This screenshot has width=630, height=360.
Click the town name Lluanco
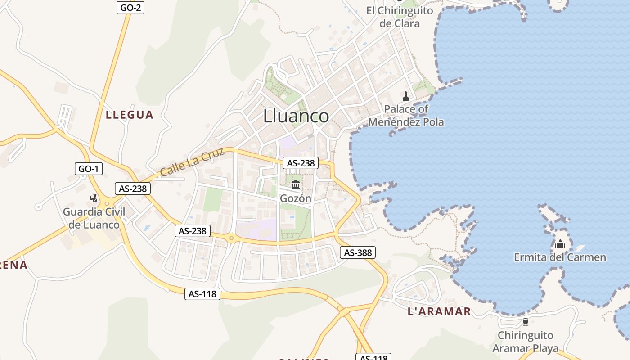[x=296, y=116]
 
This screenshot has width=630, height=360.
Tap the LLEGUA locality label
[x=130, y=115]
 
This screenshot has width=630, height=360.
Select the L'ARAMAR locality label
[x=439, y=311]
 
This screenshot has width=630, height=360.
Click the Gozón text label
[x=296, y=198]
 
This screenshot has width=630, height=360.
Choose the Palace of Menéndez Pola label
[x=406, y=116]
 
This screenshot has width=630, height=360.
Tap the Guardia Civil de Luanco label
[x=94, y=218]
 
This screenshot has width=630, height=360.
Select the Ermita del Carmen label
[x=560, y=257]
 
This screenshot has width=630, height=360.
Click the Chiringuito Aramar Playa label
[x=525, y=342]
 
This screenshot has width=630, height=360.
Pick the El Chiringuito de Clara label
[x=400, y=17]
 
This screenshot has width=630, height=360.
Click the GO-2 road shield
[x=131, y=7]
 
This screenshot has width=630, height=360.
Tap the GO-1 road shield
[x=89, y=169]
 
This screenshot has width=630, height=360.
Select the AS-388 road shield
[x=358, y=252]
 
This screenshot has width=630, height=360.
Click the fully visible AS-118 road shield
[x=202, y=294]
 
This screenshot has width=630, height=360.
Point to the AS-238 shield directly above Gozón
[x=301, y=163]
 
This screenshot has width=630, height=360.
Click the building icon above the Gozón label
[x=296, y=184]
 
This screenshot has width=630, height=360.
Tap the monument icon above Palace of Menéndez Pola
[x=406, y=95]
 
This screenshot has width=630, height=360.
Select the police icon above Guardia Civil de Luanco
[x=94, y=198]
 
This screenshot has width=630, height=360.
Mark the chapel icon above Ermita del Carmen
[x=560, y=244]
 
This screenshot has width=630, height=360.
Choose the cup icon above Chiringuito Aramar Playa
[x=525, y=322]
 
